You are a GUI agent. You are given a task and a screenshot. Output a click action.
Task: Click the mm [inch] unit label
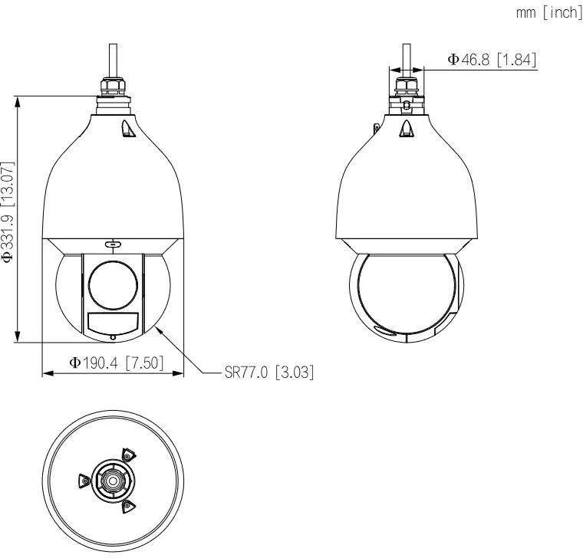coord(548,14)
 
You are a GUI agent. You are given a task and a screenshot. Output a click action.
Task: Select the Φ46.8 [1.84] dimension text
coord(492,60)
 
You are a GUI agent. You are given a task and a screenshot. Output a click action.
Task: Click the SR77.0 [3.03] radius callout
coord(269,373)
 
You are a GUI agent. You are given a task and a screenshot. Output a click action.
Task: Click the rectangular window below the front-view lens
coord(113,323)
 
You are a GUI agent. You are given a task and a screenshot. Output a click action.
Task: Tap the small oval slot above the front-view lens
coord(113,245)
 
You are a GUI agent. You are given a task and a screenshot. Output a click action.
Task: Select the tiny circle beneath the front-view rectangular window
coord(113,336)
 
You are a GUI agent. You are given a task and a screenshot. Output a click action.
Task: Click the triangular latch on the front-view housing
coord(127,131)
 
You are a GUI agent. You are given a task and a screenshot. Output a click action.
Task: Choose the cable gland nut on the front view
coord(113,84)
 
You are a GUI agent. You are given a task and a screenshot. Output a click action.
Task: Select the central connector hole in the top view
coord(113,482)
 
